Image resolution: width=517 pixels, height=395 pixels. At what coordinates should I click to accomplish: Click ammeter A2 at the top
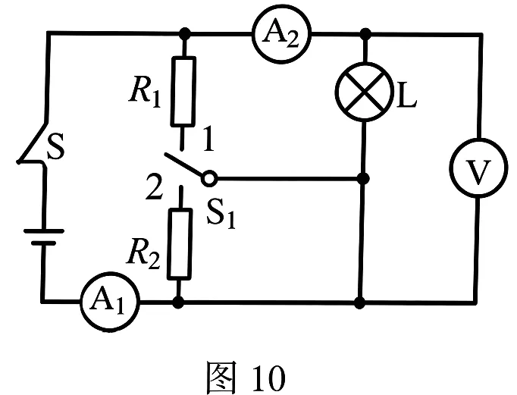(281, 34)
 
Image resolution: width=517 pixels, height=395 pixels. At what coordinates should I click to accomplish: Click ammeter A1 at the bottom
(110, 301)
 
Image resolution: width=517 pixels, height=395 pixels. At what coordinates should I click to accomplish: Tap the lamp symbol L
(365, 92)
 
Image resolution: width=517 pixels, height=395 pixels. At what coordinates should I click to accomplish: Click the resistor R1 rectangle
(183, 91)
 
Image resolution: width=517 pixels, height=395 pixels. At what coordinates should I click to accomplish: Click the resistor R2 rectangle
(180, 244)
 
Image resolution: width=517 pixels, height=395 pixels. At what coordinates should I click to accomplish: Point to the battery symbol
(43, 237)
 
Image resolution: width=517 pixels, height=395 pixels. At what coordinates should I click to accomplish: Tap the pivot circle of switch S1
(209, 179)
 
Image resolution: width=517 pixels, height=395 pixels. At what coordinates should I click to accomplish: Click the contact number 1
(208, 139)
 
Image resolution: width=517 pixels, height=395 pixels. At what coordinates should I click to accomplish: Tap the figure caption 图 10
(246, 378)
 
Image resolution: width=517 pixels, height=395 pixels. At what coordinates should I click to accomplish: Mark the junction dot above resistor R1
(185, 33)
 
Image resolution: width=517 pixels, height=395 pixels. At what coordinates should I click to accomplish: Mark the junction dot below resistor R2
(178, 302)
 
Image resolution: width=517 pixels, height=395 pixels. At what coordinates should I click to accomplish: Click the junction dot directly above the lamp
(365, 33)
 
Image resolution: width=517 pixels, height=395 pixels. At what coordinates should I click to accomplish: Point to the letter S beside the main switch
(55, 146)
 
